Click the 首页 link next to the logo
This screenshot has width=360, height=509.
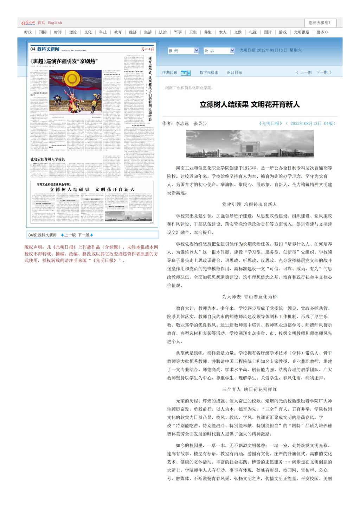[x=41, y=23]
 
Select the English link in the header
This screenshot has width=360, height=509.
[x=55, y=23]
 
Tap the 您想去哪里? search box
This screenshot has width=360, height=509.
[x=320, y=23]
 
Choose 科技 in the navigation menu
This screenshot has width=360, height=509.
[x=103, y=32]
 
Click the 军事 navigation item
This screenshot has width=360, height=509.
[x=178, y=32]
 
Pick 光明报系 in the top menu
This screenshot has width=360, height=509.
[x=301, y=32]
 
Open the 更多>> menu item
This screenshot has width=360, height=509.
[x=322, y=32]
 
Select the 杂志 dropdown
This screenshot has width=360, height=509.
[x=219, y=51]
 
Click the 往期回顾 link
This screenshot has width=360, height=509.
[x=170, y=73]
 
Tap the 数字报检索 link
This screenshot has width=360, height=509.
[x=209, y=73]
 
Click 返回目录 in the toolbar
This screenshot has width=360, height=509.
[x=234, y=73]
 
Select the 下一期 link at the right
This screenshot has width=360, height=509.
[x=323, y=73]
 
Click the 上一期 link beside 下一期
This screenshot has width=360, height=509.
[x=304, y=73]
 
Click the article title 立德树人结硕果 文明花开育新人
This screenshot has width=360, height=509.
[x=250, y=104]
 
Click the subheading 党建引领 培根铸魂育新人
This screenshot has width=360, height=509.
[x=249, y=204]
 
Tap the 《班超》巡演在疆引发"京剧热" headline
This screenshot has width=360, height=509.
[x=64, y=61]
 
